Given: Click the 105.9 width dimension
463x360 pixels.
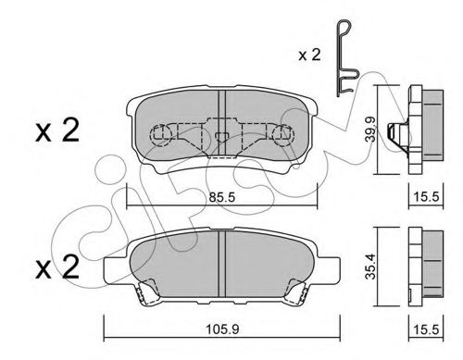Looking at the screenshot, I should pyautogui.click(x=220, y=325).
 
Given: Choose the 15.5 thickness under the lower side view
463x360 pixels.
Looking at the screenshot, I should pyautogui.click(x=424, y=325).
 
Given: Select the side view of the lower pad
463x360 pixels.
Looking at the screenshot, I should pyautogui.click(x=423, y=264).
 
